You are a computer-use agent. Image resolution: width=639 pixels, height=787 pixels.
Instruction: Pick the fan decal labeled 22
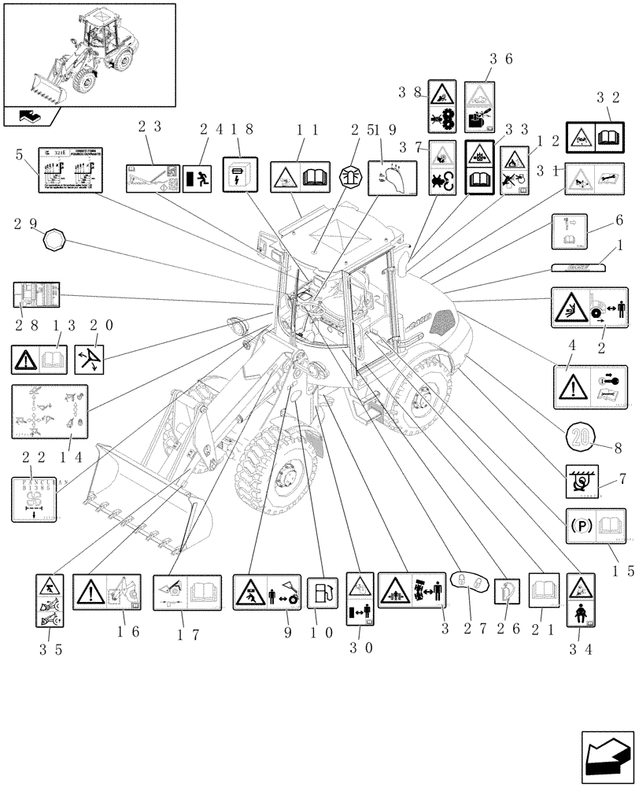pyautogui.click(x=35, y=499)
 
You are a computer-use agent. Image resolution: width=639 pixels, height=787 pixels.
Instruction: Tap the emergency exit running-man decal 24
pyautogui.click(x=196, y=179)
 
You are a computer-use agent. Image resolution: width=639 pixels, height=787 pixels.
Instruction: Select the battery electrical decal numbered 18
pyautogui.click(x=238, y=172)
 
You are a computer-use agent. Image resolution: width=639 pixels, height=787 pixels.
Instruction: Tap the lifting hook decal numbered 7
pyautogui.click(x=583, y=482)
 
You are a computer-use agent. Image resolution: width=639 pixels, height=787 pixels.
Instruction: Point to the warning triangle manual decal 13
pyautogui.click(x=39, y=359)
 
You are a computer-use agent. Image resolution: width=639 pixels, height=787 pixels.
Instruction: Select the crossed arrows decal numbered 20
pyautogui.click(x=92, y=359)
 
